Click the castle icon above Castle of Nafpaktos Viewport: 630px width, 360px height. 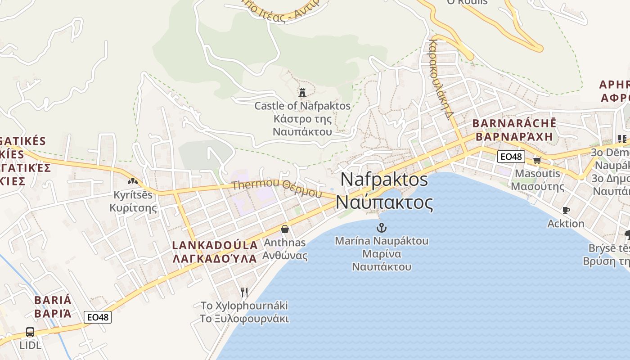pyautogui.click(x=302, y=93)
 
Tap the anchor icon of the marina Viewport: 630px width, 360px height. pyautogui.click(x=382, y=227)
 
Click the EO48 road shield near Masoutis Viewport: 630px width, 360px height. pyautogui.click(x=511, y=157)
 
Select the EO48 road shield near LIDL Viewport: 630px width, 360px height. pyautogui.click(x=98, y=317)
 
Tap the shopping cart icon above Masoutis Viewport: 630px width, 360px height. pyautogui.click(x=537, y=160)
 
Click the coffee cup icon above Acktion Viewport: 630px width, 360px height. pyautogui.click(x=566, y=210)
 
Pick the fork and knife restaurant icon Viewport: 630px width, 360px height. pyautogui.click(x=244, y=292)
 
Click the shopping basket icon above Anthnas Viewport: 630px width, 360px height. pyautogui.click(x=284, y=229)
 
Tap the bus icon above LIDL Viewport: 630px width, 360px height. pyautogui.click(x=30, y=332)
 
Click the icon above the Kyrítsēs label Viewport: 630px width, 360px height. pyautogui.click(x=133, y=181)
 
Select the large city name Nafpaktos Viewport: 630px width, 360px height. pyautogui.click(x=384, y=179)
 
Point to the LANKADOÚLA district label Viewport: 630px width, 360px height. pyautogui.click(x=216, y=245)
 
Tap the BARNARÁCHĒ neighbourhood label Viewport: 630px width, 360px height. pyautogui.click(x=514, y=123)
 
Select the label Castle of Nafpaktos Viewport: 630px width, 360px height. pyautogui.click(x=302, y=106)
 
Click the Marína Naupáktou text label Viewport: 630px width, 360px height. pyautogui.click(x=382, y=241)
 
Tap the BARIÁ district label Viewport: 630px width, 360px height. pyautogui.click(x=53, y=300)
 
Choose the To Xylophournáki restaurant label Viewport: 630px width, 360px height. pyautogui.click(x=244, y=306)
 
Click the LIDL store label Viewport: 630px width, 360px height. pyautogui.click(x=30, y=346)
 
